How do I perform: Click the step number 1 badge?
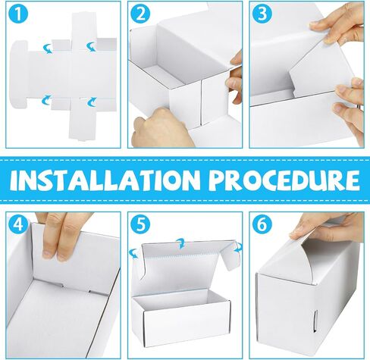tap(18, 14)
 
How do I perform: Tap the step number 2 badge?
tap(140, 14)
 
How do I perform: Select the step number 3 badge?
tap(262, 14)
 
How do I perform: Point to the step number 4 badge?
tap(18, 224)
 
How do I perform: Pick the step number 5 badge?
tap(140, 224)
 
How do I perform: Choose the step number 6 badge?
tap(262, 224)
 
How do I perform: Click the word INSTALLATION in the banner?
tap(103, 180)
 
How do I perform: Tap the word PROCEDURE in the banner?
tap(284, 180)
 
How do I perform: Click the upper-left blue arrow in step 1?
tap(48, 48)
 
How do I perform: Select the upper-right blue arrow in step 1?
tap(92, 47)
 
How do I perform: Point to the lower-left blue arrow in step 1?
tap(46, 100)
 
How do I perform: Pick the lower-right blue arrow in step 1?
tap(92, 102)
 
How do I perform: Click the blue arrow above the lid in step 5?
tap(180, 243)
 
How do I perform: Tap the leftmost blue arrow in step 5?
tap(133, 253)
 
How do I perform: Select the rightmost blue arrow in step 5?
tap(238, 247)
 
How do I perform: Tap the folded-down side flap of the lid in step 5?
tap(229, 255)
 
